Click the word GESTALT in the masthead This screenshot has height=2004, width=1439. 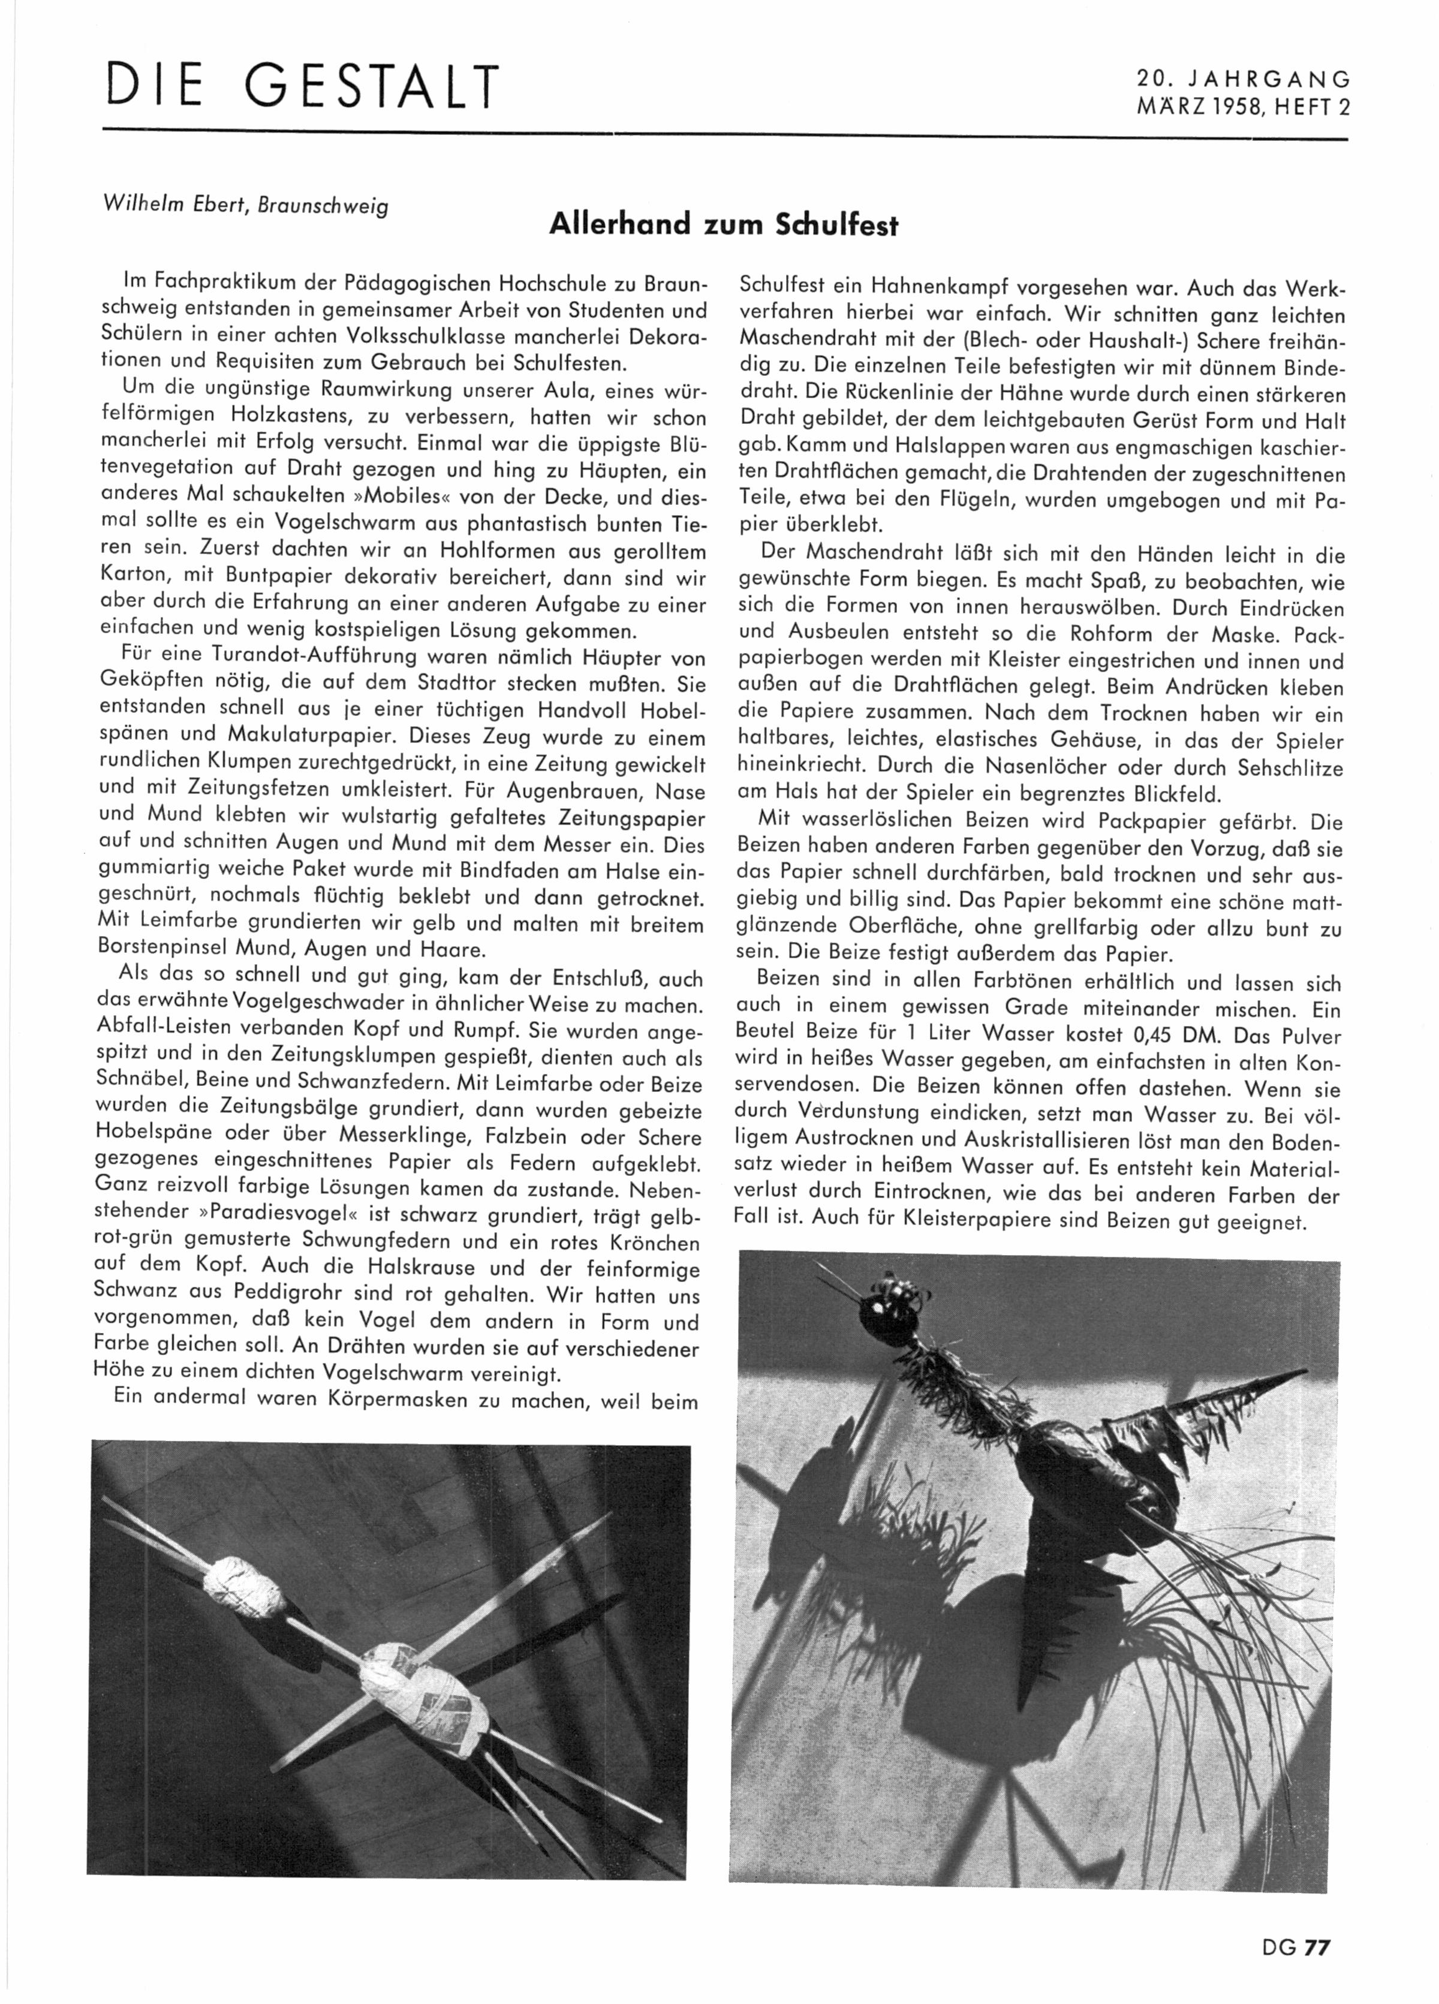[372, 86]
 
